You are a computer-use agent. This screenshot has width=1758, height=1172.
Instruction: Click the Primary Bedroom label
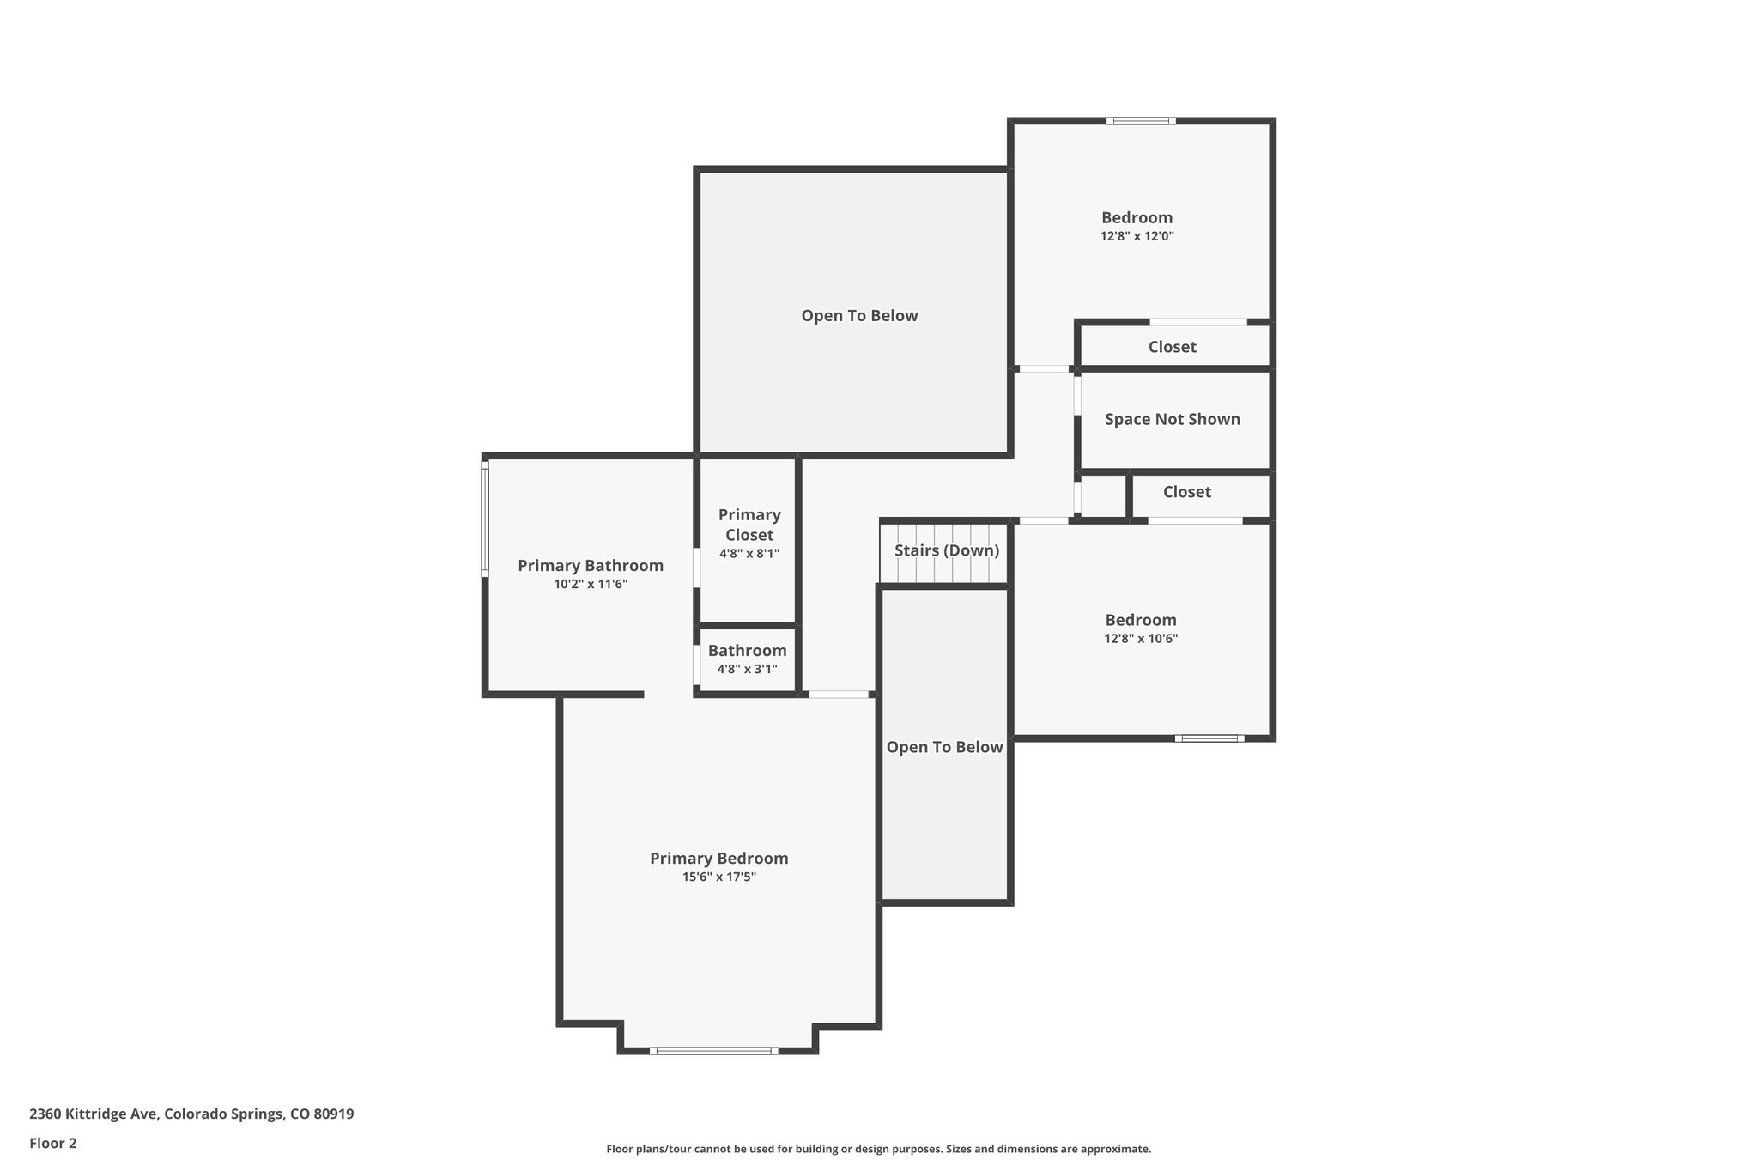tap(718, 858)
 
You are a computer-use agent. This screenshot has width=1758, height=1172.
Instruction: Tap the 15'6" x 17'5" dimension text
tap(718, 877)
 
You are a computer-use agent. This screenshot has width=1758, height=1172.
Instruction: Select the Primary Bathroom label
tap(591, 565)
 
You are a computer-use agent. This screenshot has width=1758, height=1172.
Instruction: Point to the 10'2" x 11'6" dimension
tap(591, 584)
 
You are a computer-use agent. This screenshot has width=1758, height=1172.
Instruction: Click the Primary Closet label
tap(749, 525)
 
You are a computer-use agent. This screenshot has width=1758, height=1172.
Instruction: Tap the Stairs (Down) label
tap(947, 550)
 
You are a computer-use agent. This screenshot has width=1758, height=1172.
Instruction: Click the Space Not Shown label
tap(1172, 419)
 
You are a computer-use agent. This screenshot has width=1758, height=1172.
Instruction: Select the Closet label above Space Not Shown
tap(1172, 347)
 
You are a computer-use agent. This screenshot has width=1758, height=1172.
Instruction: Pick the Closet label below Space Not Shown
tap(1186, 492)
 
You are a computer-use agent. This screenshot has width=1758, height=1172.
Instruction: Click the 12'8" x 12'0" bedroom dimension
tap(1137, 236)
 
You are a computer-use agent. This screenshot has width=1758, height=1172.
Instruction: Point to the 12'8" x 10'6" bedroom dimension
tap(1141, 639)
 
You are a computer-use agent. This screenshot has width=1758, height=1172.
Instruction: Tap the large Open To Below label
tap(859, 315)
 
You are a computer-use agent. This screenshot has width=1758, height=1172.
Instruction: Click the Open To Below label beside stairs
tap(944, 747)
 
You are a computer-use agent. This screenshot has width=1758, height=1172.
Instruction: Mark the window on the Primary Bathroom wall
tap(485, 518)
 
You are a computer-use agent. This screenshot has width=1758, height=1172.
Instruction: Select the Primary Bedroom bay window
tap(713, 1050)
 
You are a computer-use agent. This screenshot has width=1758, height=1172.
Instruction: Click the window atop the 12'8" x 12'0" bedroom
tap(1140, 121)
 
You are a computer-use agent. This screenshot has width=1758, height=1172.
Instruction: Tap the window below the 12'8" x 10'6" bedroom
tap(1209, 738)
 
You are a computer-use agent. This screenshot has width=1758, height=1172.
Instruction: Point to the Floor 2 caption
tap(53, 1143)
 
